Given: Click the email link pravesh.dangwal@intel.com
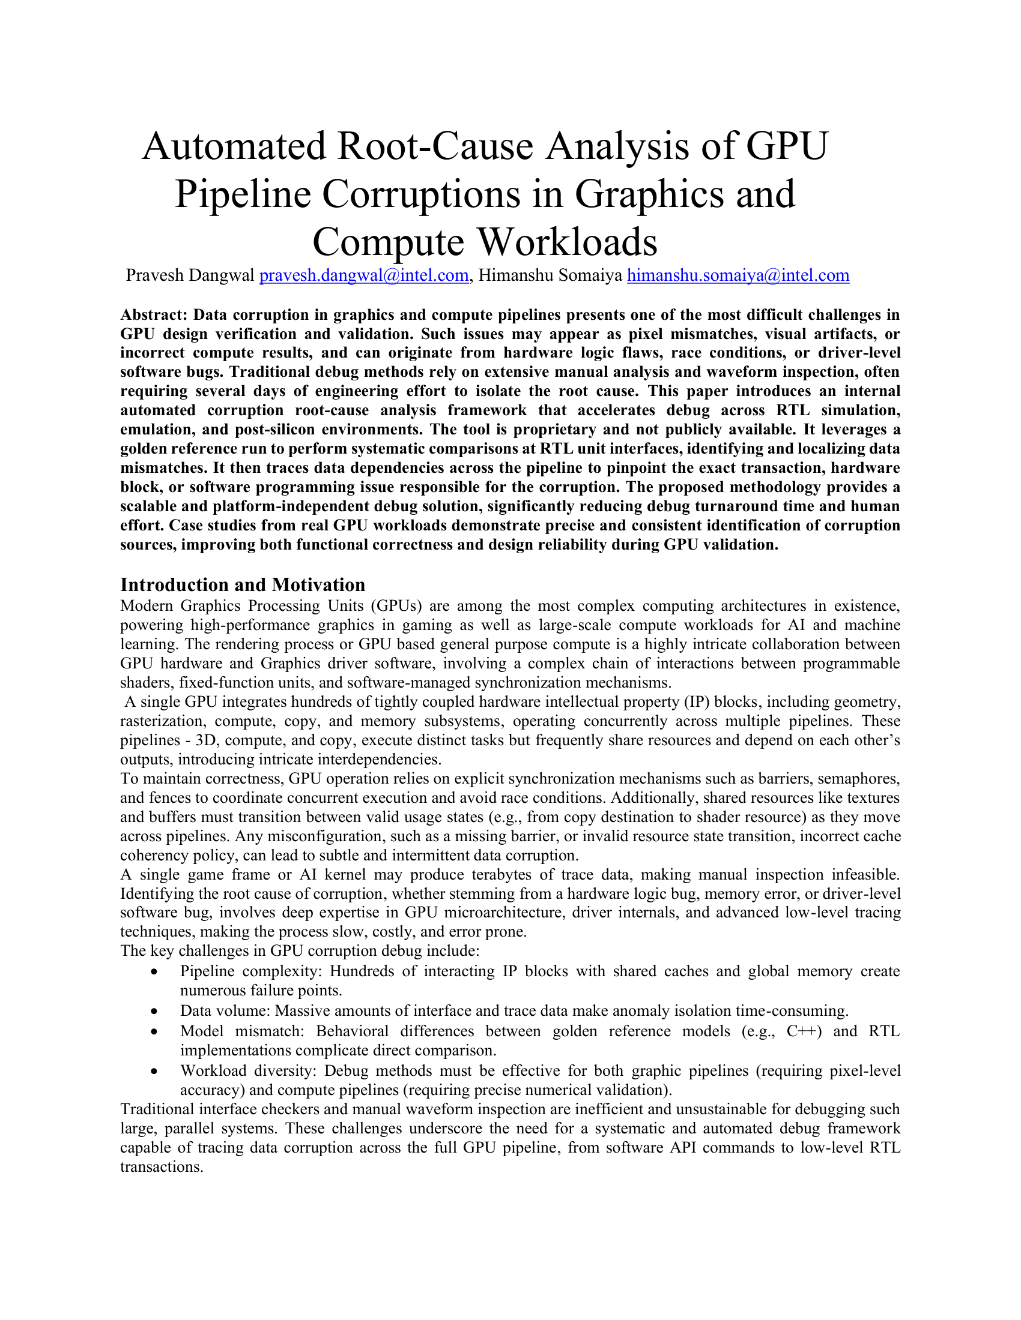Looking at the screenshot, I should [364, 275].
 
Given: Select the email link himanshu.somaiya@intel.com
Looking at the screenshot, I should [738, 275].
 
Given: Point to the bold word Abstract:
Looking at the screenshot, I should [154, 315].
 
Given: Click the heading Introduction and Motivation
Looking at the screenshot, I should [243, 584].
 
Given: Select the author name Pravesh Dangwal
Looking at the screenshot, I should [190, 275].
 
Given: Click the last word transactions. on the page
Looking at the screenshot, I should [162, 1166].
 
